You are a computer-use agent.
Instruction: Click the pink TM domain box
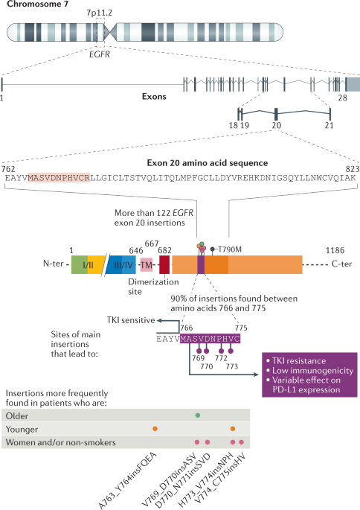coord(147,264)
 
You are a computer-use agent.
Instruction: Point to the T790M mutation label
coord(232,249)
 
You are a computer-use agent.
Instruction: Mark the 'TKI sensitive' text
coord(123,319)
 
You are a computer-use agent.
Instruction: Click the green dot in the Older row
coord(197,414)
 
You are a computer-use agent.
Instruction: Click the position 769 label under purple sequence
coord(197,357)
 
